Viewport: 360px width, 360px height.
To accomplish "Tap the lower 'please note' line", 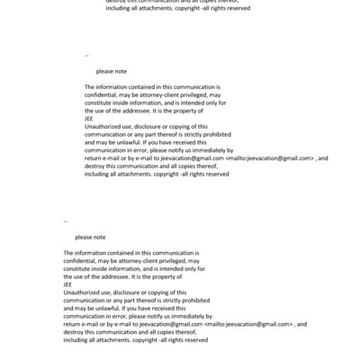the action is click(x=90, y=237).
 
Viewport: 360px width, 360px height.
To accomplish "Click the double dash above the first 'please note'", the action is click(x=86, y=54).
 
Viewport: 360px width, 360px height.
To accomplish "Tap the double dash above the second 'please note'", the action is click(x=66, y=221).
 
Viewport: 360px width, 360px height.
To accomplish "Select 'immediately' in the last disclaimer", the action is click(x=193, y=316).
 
